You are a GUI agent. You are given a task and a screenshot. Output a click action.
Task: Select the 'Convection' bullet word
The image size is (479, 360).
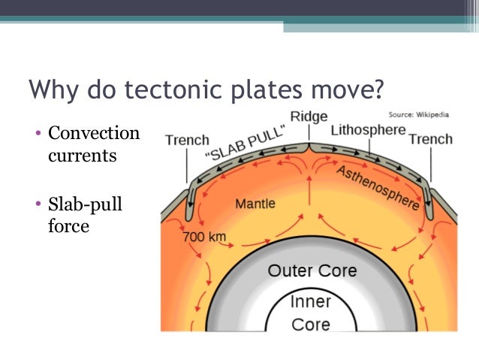(x=94, y=134)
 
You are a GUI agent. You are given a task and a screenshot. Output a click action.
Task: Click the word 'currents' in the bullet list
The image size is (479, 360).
(x=81, y=156)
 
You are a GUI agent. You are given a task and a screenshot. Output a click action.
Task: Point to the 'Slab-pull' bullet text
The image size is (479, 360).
(x=83, y=204)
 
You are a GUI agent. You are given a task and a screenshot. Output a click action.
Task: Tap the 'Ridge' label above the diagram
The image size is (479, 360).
(x=309, y=116)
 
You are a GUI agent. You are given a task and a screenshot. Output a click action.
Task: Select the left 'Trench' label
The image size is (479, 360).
(x=187, y=140)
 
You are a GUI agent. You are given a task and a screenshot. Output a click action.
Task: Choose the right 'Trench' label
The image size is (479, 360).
(x=431, y=139)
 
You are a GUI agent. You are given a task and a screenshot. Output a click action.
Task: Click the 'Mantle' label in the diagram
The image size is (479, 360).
(x=255, y=203)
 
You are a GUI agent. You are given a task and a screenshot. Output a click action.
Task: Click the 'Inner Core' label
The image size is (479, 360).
(x=310, y=315)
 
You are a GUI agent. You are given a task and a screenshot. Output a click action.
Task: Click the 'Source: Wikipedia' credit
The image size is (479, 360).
(x=420, y=115)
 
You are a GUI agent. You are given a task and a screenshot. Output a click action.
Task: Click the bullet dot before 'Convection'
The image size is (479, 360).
(x=40, y=135)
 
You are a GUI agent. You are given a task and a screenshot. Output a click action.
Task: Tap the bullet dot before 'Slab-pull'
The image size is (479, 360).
(x=40, y=205)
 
